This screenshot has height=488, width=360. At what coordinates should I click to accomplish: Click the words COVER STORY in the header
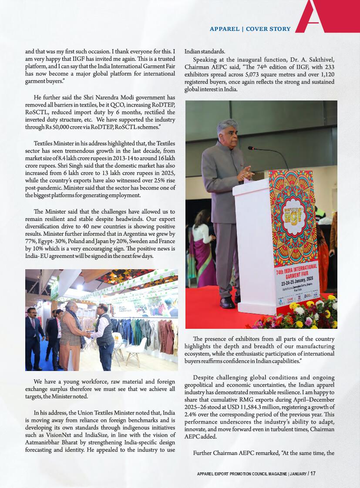[268, 29]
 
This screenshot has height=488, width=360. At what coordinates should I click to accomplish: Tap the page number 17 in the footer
[313, 474]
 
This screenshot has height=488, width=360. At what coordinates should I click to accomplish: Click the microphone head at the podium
[251, 148]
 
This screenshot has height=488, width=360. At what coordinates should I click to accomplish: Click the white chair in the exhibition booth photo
[137, 350]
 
